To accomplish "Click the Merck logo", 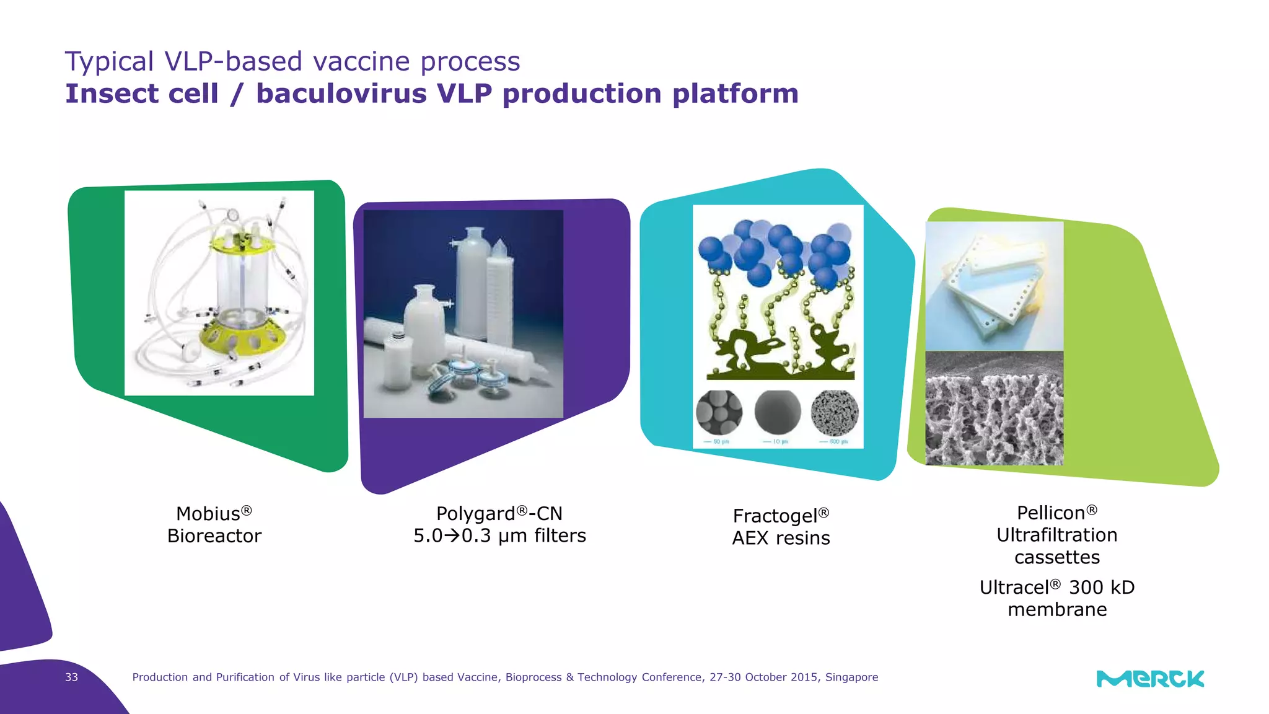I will click(1150, 679).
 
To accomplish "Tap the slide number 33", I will click(71, 677).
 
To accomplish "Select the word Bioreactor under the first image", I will click(214, 536).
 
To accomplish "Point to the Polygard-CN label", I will click(499, 514).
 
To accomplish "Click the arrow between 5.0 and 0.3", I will click(453, 535).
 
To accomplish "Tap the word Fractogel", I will click(775, 516).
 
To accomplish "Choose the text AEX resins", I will click(781, 538).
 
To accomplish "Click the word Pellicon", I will click(1051, 513).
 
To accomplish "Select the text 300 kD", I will click(1102, 588).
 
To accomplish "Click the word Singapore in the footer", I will click(851, 677).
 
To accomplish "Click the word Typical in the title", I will click(109, 62).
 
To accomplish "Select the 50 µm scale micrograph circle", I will click(719, 413).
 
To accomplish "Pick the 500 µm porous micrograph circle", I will click(835, 413).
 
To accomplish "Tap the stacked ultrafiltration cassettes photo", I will click(994, 285).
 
